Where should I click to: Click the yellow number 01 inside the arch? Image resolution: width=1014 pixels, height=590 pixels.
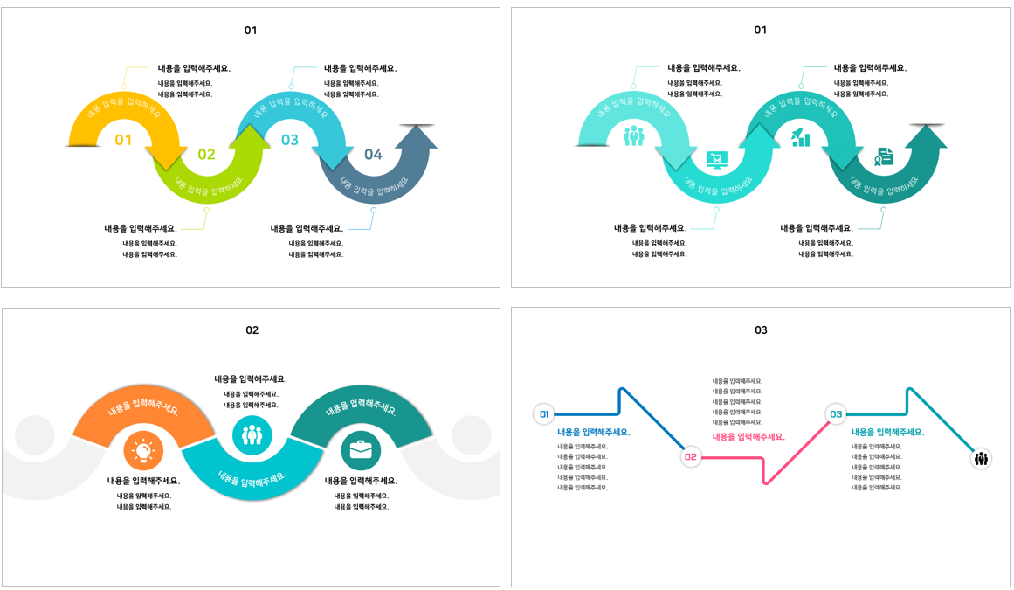tap(123, 140)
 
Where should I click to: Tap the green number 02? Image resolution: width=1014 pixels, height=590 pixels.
tap(206, 155)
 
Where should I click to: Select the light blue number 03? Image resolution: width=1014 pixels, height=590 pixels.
tap(289, 140)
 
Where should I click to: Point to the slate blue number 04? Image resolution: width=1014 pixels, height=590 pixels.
tap(373, 155)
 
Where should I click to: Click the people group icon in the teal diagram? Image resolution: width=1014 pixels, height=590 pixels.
tap(633, 136)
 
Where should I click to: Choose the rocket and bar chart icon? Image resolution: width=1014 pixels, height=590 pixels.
tap(800, 137)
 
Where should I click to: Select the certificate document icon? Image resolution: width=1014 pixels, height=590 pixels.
tap(884, 156)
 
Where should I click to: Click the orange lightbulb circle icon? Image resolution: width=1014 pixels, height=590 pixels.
tap(143, 451)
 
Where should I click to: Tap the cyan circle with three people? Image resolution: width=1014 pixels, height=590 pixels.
tap(252, 434)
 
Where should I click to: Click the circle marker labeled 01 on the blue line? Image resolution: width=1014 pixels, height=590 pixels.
tap(544, 414)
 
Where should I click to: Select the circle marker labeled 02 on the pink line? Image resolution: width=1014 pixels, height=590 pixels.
tap(691, 456)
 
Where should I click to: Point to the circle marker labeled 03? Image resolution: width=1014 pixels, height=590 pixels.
tap(836, 414)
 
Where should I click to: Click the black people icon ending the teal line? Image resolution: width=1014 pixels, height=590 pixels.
tap(981, 458)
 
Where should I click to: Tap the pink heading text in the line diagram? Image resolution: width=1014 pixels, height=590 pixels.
tap(748, 437)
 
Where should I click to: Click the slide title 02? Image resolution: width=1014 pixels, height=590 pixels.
tap(252, 330)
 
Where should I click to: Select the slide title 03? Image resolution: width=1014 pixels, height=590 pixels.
tap(761, 330)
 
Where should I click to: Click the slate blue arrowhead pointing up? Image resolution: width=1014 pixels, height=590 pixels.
tap(416, 136)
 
